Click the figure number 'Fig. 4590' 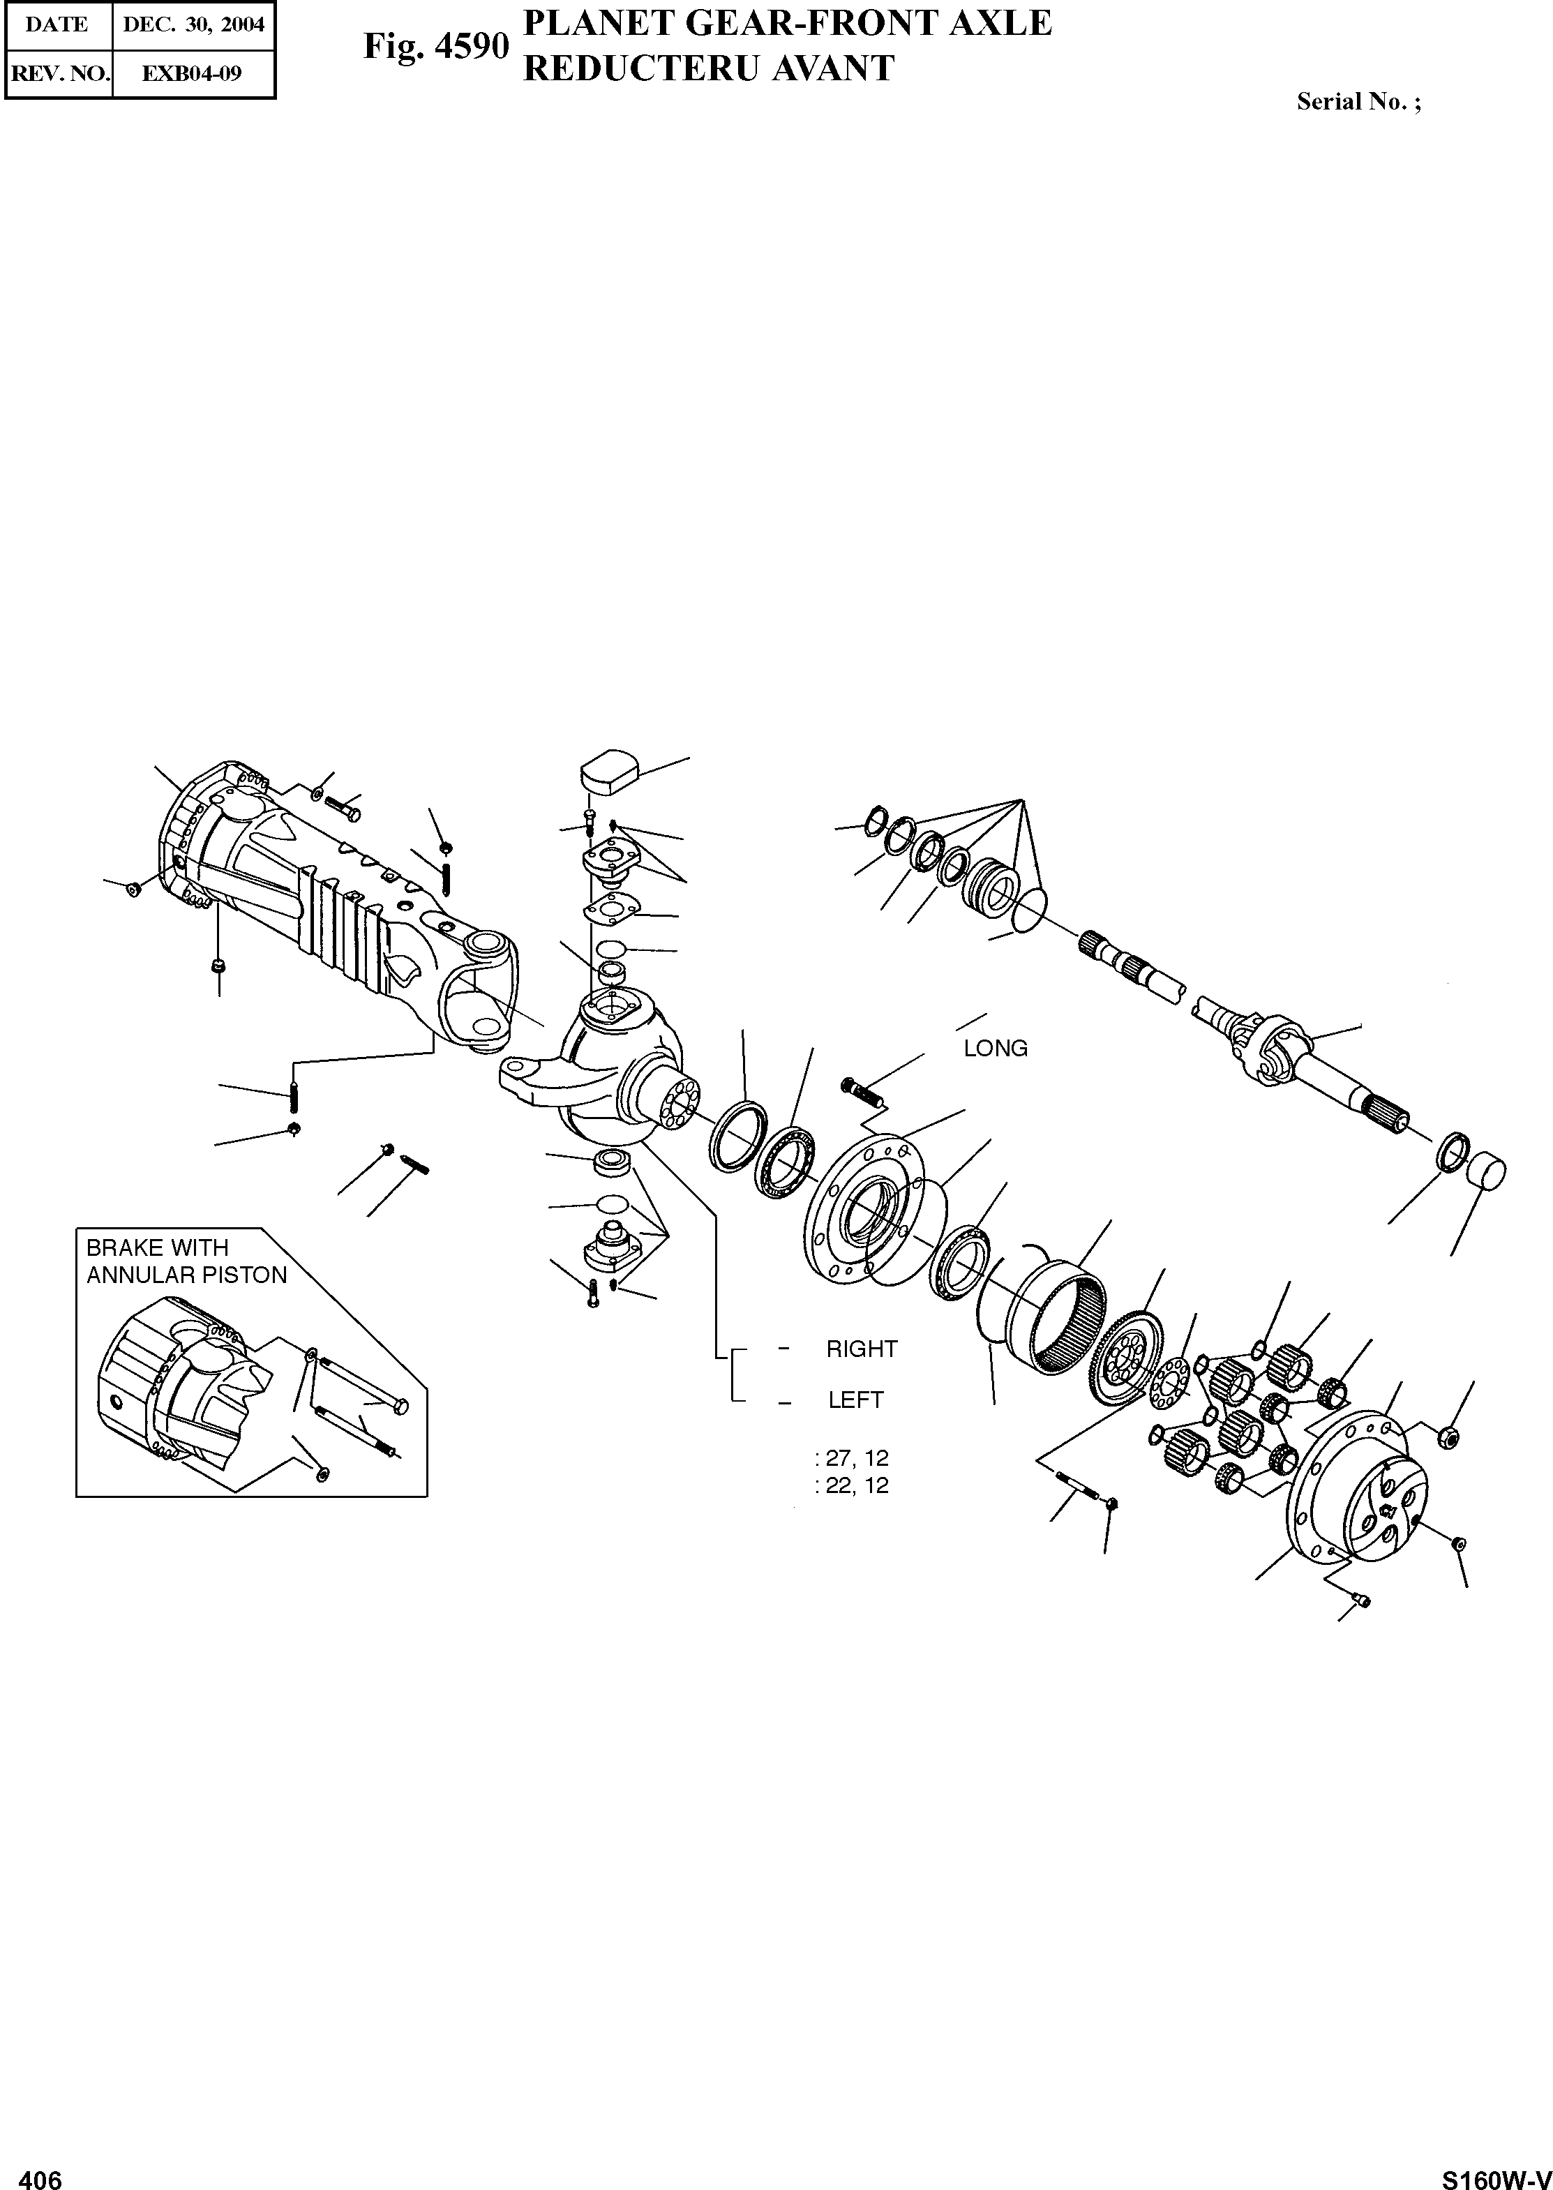[435, 46]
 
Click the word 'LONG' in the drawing [996, 1048]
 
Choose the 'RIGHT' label [862, 1349]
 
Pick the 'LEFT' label [856, 1399]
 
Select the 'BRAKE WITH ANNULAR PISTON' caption [186, 1261]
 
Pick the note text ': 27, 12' [851, 1458]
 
